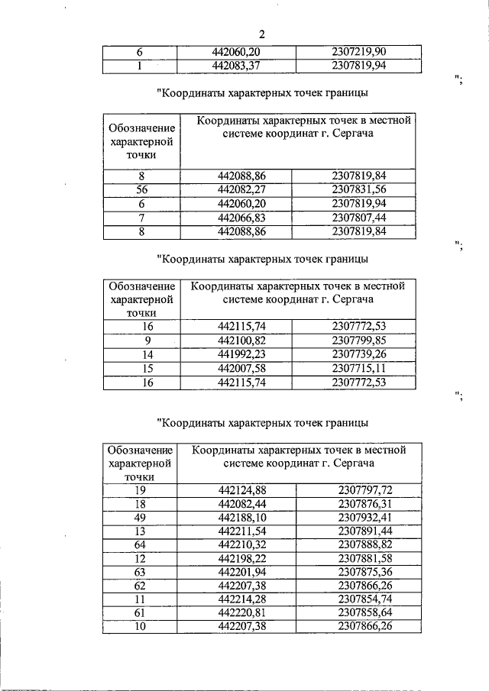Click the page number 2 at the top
point(261,34)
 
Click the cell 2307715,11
point(359,369)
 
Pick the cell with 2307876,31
point(364,505)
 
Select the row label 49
point(140,518)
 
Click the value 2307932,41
point(364,518)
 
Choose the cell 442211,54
point(241,531)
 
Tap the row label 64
point(140,545)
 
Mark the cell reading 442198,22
point(241,559)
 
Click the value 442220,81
point(241,613)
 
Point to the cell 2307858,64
point(364,613)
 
